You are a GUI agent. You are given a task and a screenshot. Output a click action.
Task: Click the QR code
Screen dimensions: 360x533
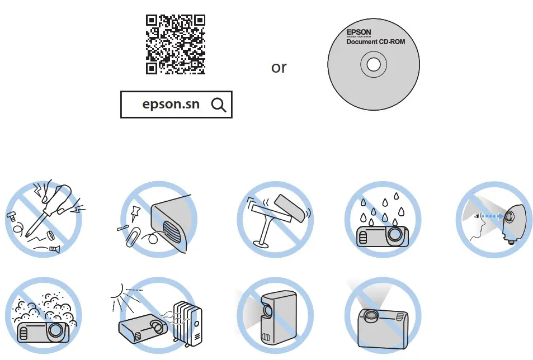pyautogui.click(x=175, y=45)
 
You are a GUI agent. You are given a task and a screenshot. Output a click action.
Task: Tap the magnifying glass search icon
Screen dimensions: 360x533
pyautogui.click(x=219, y=105)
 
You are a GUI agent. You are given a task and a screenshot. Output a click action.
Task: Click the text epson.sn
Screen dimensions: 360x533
pyautogui.click(x=171, y=105)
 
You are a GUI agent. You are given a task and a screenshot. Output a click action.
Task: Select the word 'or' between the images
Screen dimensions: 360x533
pyautogui.click(x=279, y=68)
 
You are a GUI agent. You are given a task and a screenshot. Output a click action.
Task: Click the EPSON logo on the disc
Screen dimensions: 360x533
pyautogui.click(x=359, y=32)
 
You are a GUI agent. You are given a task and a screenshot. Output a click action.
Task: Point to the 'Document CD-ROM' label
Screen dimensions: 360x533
pyautogui.click(x=375, y=42)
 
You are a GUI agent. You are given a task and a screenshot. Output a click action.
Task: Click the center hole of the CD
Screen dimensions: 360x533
pyautogui.click(x=373, y=65)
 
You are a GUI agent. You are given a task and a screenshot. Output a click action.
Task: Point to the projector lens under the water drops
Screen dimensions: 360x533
pyautogui.click(x=396, y=234)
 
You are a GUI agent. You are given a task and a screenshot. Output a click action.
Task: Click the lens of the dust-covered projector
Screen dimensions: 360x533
pyautogui.click(x=55, y=330)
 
